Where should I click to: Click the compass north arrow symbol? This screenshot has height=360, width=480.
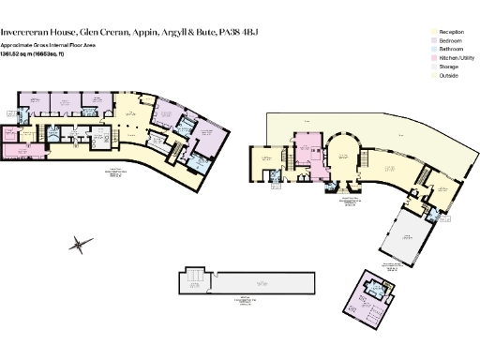point(82,245)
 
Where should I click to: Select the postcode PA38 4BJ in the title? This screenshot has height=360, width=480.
point(235,32)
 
